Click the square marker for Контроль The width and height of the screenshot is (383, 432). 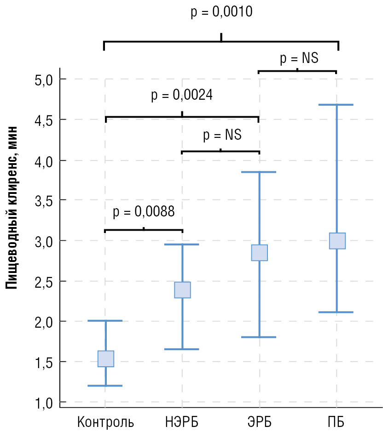(106, 358)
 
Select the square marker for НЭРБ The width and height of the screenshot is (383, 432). (182, 290)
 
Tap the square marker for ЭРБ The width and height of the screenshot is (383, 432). (259, 253)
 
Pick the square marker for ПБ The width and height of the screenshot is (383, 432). (337, 241)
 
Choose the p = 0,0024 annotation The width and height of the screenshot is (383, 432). (182, 96)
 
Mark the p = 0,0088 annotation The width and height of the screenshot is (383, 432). (144, 212)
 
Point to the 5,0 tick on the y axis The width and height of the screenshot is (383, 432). (44, 80)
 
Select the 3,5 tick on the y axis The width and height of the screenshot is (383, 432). (44, 200)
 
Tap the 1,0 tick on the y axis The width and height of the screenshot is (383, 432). (44, 403)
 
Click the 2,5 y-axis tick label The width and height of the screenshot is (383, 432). (44, 281)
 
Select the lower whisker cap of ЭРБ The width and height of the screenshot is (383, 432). (259, 337)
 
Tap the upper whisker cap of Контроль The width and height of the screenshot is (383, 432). (106, 320)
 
